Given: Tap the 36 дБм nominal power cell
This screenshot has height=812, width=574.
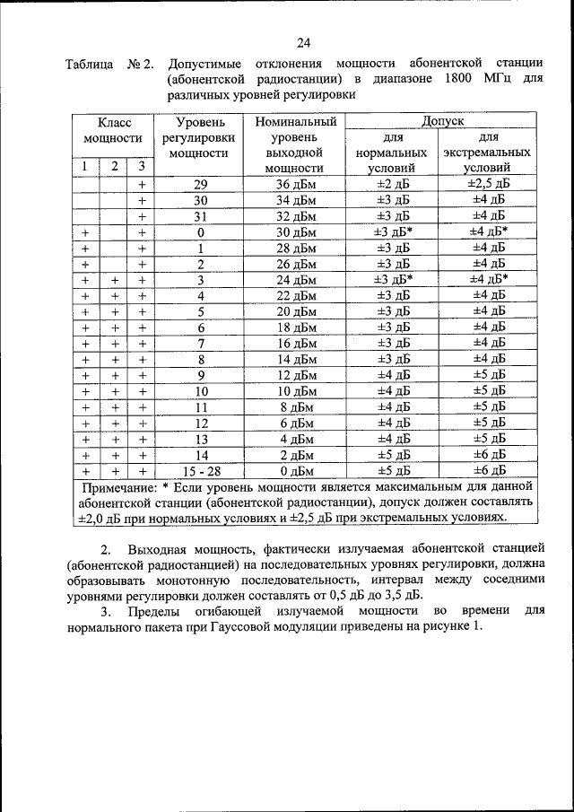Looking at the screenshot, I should click(x=296, y=183).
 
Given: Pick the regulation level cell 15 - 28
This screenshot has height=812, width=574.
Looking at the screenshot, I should click(x=201, y=470).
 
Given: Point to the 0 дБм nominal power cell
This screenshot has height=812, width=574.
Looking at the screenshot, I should click(x=296, y=470).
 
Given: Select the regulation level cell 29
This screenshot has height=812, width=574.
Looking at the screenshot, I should click(x=201, y=183).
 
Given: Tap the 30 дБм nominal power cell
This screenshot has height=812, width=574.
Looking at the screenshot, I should click(x=296, y=231).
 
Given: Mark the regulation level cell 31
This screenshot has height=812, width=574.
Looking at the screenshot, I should click(x=201, y=215).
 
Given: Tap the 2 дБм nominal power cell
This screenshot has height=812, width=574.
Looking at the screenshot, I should click(x=296, y=454).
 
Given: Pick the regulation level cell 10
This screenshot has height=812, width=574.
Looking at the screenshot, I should click(x=201, y=390).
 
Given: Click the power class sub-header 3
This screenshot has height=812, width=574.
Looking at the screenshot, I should click(x=141, y=167).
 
